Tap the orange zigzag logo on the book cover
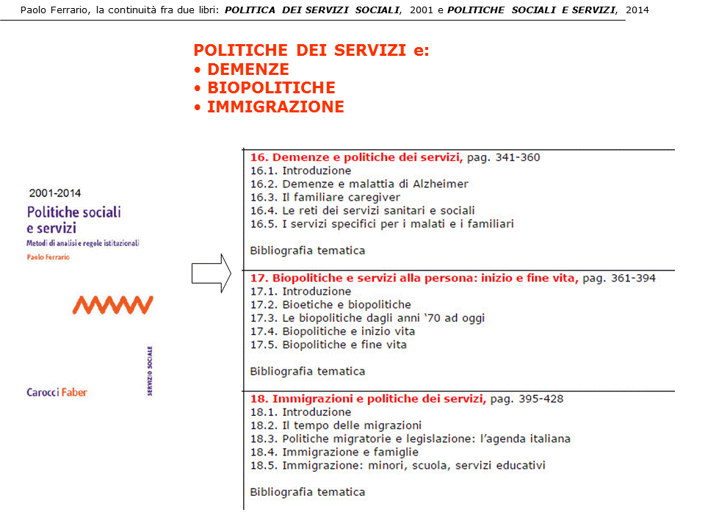click(113, 304)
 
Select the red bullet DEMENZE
click(247, 69)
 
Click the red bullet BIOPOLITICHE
click(270, 87)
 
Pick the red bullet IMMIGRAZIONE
click(275, 107)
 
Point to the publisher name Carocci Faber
click(57, 392)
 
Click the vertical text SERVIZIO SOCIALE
click(149, 371)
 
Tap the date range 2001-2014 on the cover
click(55, 194)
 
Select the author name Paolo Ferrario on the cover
click(48, 257)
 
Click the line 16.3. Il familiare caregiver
click(325, 197)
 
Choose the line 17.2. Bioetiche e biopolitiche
click(330, 304)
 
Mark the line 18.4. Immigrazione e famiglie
click(333, 452)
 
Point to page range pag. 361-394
click(618, 278)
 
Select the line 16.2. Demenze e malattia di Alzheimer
click(358, 184)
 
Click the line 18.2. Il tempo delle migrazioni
click(336, 425)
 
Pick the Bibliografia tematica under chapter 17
click(307, 371)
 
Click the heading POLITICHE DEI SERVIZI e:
click(311, 50)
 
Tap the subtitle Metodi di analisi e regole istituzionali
click(82, 243)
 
